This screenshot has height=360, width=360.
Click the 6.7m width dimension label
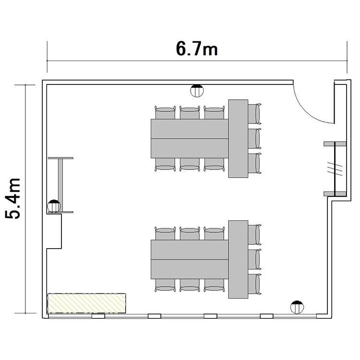click(197, 48)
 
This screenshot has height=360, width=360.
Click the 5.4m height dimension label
click(13, 198)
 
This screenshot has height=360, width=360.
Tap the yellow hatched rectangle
click(86, 303)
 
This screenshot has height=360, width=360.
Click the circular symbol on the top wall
click(197, 91)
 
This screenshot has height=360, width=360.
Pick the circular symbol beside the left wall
click(54, 206)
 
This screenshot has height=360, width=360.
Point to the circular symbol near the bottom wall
click(297, 307)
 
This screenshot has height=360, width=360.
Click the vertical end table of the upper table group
click(238, 138)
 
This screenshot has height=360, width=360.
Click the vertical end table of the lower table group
click(238, 259)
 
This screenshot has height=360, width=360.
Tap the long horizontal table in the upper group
click(190, 139)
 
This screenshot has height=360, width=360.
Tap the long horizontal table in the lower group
click(190, 259)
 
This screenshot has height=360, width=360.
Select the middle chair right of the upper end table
click(254, 139)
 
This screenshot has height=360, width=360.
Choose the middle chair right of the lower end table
click(254, 259)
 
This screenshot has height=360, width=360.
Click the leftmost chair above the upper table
click(165, 112)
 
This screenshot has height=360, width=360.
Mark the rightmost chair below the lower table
click(214, 286)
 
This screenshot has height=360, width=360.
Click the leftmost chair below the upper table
click(165, 165)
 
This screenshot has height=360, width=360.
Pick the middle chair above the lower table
click(190, 233)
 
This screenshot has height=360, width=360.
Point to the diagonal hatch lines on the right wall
click(335, 169)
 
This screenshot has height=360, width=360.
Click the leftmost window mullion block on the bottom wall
click(98, 316)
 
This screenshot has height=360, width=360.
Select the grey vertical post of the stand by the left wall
click(60, 185)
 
